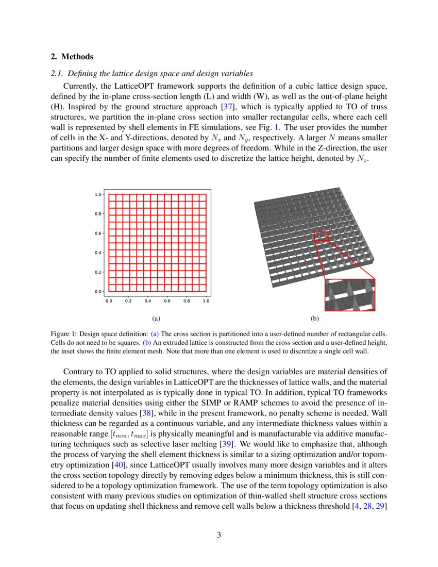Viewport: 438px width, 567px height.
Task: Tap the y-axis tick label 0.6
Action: pyautogui.click(x=97, y=233)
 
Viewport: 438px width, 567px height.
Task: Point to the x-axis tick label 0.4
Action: pyautogui.click(x=147, y=301)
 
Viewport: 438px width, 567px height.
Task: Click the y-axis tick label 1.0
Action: pyautogui.click(x=97, y=194)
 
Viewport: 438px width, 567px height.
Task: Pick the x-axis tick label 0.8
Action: pyautogui.click(x=187, y=301)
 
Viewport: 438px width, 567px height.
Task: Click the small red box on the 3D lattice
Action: pyautogui.click(x=321, y=236)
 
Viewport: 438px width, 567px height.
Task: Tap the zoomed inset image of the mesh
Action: pyautogui.click(x=350, y=295)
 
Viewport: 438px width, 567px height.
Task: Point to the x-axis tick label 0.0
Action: pyautogui.click(x=109, y=301)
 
